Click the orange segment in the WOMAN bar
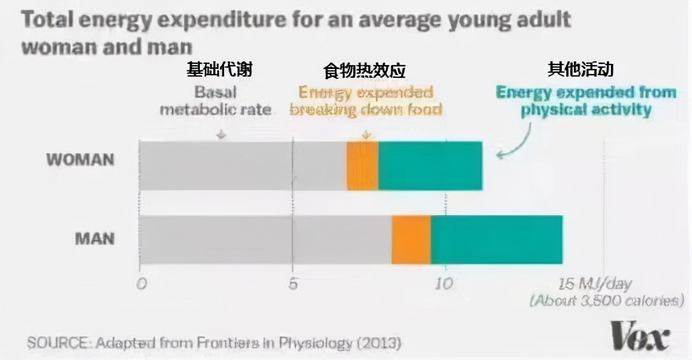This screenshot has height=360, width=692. [362, 166]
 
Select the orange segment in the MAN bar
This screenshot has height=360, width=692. [411, 240]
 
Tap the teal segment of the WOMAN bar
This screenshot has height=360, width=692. [430, 166]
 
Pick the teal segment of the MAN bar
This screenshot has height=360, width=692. [497, 240]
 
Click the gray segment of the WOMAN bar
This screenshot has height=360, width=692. [243, 166]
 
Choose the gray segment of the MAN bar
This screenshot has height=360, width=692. [265, 240]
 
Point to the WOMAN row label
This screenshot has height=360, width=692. [80, 160]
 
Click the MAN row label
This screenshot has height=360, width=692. [94, 239]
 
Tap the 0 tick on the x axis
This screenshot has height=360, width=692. [141, 284]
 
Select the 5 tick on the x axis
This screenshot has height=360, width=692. [293, 284]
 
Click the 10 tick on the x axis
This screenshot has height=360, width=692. [444, 284]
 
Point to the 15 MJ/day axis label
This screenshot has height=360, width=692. [594, 284]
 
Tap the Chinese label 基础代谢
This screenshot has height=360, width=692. [219, 69]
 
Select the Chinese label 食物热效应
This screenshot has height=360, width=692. [364, 70]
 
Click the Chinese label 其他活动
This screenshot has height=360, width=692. [580, 69]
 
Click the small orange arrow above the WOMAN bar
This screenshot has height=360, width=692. [366, 135]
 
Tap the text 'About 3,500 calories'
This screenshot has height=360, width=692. [606, 300]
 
